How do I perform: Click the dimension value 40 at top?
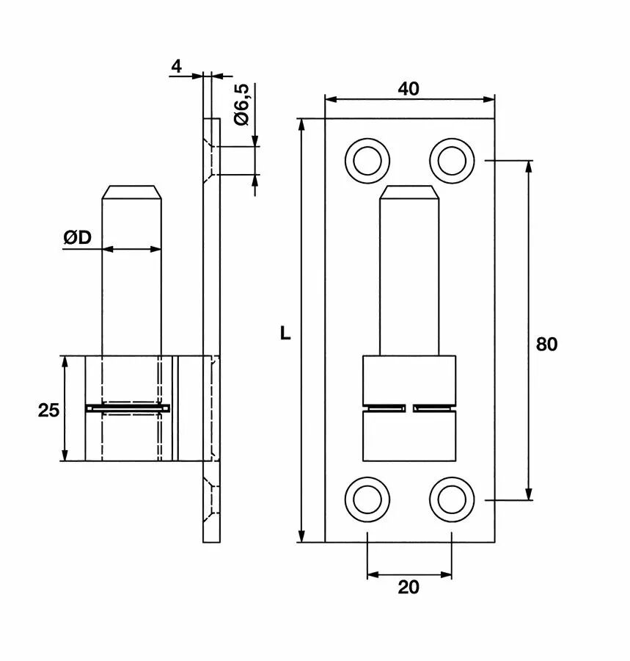[409, 88]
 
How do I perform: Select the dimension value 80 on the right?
[546, 344]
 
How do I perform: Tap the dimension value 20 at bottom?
[409, 588]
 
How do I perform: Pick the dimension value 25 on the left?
[48, 410]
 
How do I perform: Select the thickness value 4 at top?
[176, 66]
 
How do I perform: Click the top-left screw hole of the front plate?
[367, 159]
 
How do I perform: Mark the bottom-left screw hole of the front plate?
[367, 499]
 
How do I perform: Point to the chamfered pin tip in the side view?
[131, 193]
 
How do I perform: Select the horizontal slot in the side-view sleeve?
[128, 408]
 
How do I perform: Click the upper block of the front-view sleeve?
[409, 379]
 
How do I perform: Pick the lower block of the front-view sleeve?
[409, 437]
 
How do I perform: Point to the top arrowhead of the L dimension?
[301, 125]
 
